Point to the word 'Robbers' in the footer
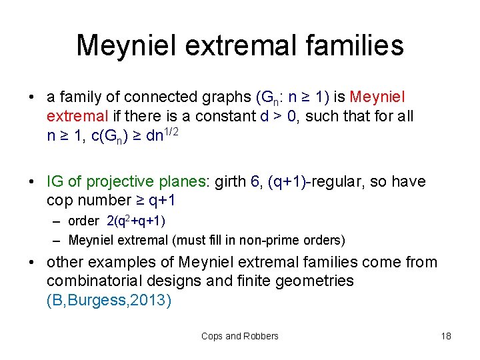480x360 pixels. click(261, 337)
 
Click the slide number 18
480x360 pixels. click(446, 337)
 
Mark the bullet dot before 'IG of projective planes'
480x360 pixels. click(32, 182)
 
